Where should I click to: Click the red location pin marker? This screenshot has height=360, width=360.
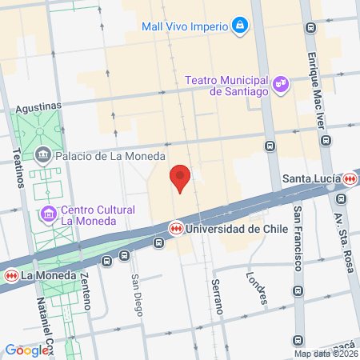181,177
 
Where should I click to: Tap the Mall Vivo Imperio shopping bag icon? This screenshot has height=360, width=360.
239,26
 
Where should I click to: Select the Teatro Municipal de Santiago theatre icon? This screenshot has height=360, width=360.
280,82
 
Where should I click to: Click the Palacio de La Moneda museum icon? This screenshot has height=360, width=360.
42,156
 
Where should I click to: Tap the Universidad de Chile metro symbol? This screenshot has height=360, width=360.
174,229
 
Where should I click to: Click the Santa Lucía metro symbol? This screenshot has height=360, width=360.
349,179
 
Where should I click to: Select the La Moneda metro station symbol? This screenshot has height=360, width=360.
11,275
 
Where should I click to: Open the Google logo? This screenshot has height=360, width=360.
26,350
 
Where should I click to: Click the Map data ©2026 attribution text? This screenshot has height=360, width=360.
325,354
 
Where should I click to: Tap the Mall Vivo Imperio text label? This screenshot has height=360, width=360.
183,26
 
